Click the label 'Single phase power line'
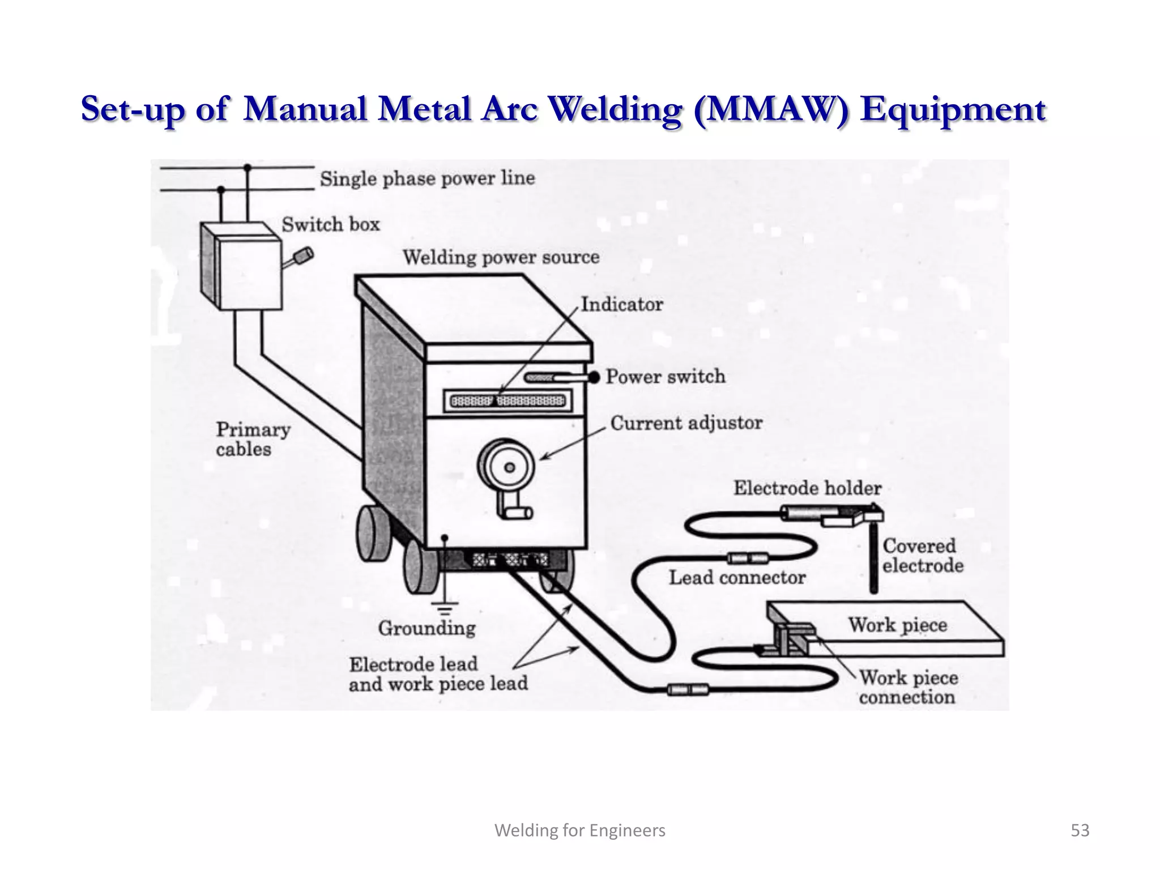pyautogui.click(x=427, y=179)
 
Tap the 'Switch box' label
pyautogui.click(x=331, y=225)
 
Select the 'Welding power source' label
pyautogui.click(x=501, y=258)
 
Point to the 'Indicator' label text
pyautogui.click(x=622, y=305)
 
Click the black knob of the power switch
pyautogui.click(x=594, y=377)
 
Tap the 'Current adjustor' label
pyautogui.click(x=686, y=423)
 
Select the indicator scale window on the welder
pyautogui.click(x=507, y=402)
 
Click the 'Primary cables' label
pyautogui.click(x=253, y=440)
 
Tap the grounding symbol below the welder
pyautogui.click(x=445, y=608)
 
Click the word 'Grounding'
pyautogui.click(x=427, y=628)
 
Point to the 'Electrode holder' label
pyautogui.click(x=807, y=488)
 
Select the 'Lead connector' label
pyautogui.click(x=737, y=578)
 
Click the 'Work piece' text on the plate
pyautogui.click(x=897, y=625)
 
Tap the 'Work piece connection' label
pyautogui.click(x=908, y=687)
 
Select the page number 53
pyautogui.click(x=1080, y=830)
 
